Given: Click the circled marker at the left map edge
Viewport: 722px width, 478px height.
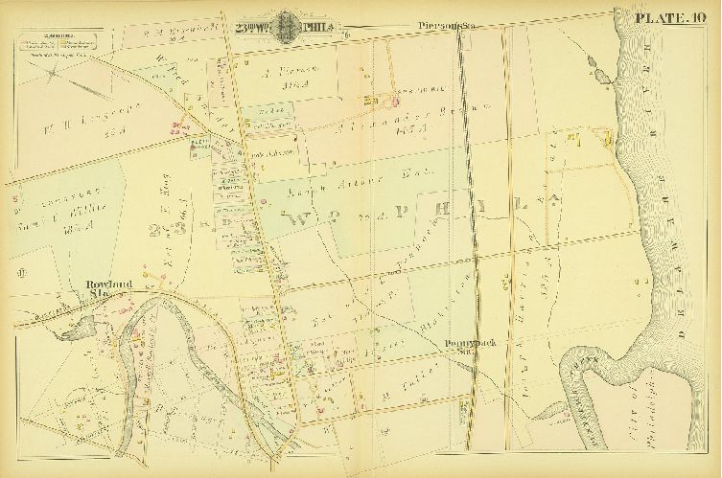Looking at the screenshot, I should click(x=19, y=278).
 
